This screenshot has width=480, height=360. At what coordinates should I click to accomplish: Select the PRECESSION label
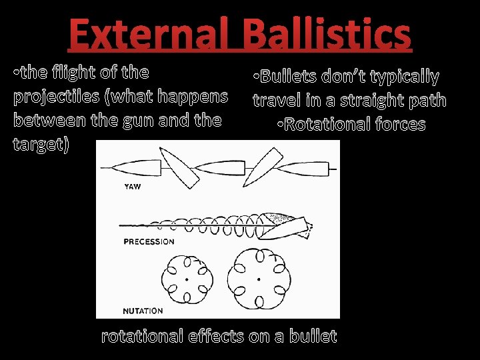(x=149, y=241)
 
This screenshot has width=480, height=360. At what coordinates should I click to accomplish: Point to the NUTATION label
(x=143, y=311)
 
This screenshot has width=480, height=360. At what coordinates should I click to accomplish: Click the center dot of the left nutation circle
(x=187, y=279)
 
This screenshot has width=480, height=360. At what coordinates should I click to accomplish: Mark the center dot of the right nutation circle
(x=258, y=279)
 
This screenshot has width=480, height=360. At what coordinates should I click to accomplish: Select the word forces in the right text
(x=400, y=125)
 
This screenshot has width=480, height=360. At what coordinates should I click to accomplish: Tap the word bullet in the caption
(x=313, y=337)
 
